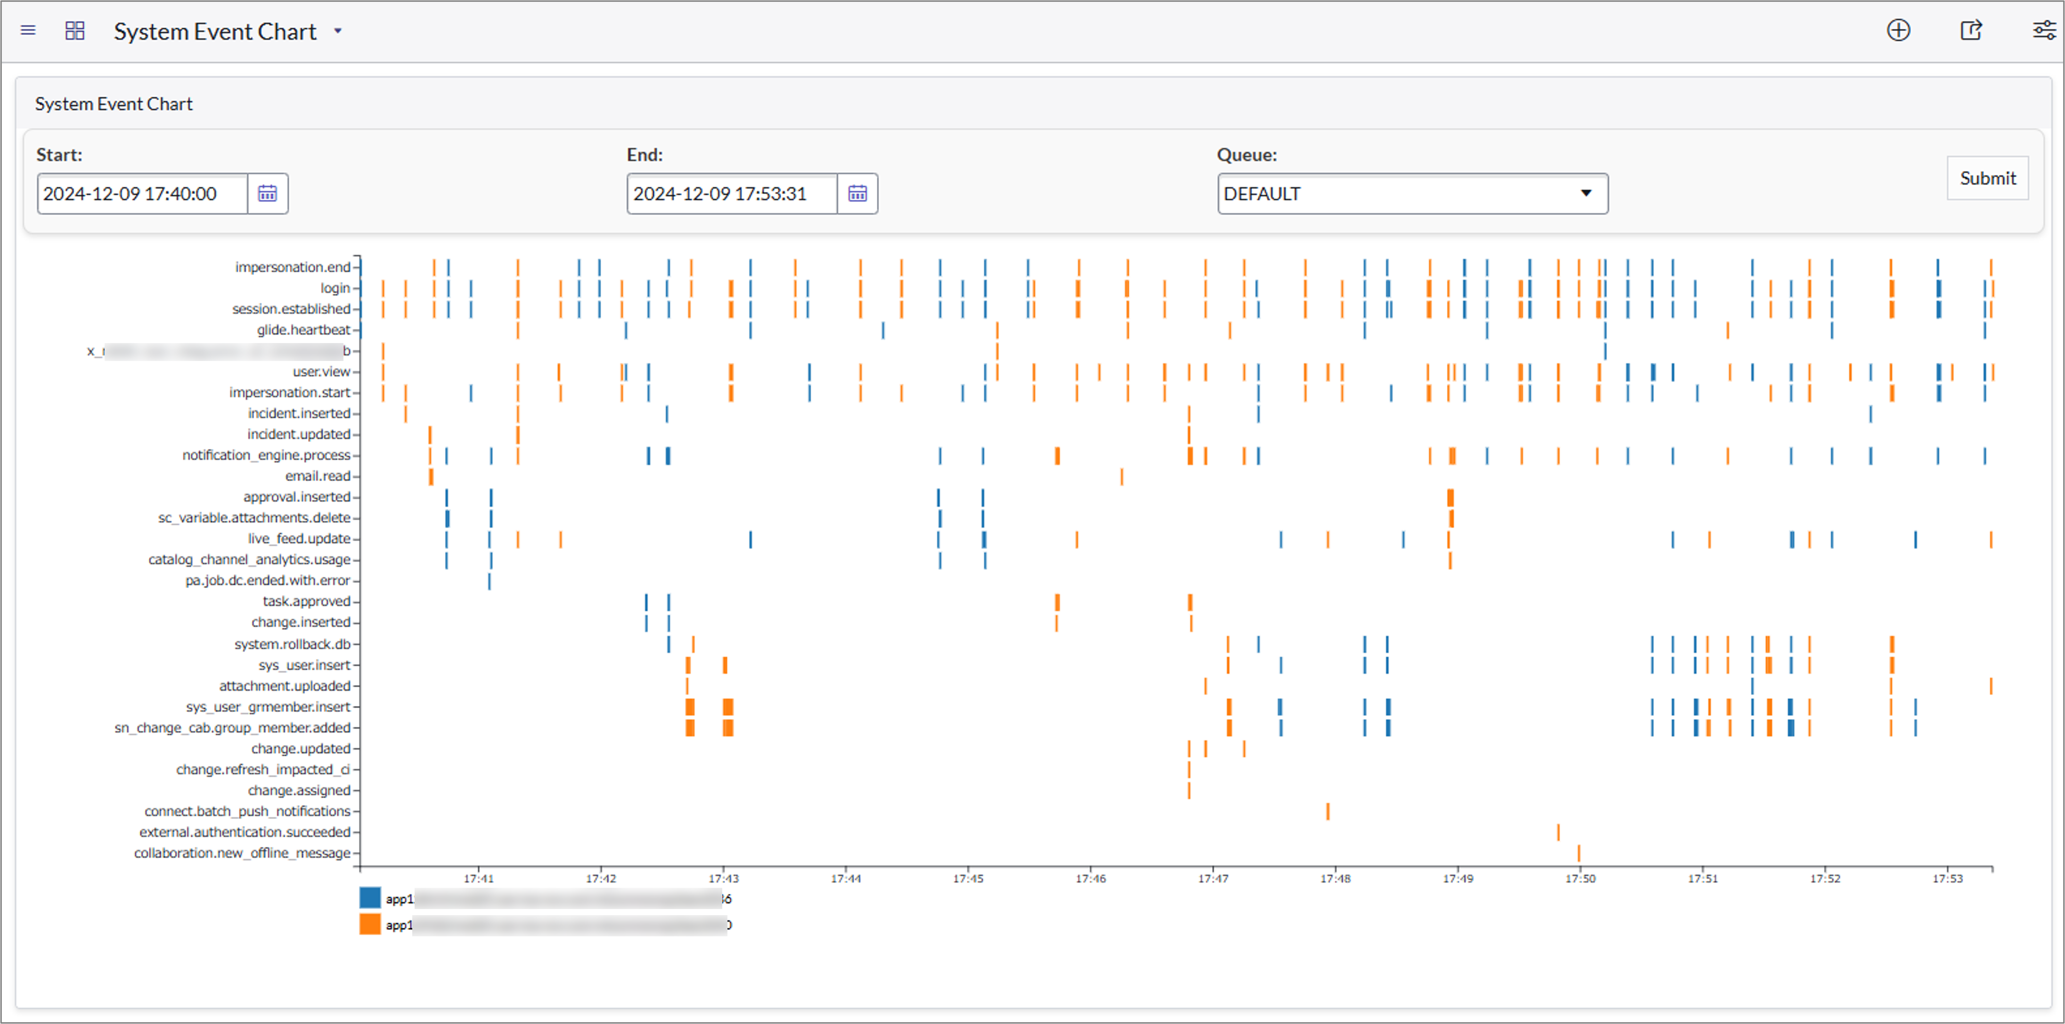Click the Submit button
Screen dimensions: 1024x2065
pos(1987,178)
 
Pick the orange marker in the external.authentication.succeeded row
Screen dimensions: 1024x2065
pos(1558,832)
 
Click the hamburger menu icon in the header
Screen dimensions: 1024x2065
pos(28,31)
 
